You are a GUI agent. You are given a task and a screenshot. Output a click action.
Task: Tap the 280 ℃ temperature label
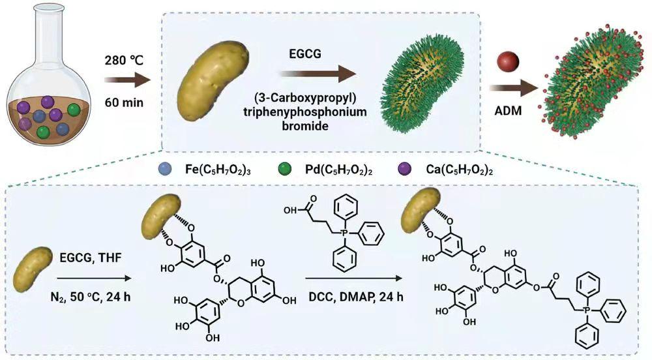(x=121, y=61)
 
